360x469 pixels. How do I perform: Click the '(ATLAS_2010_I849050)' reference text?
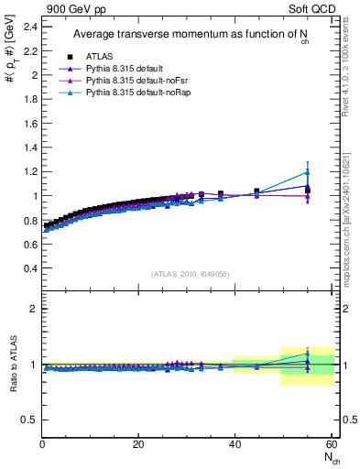coord(191,274)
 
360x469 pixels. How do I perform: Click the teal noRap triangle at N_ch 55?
coord(308,171)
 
